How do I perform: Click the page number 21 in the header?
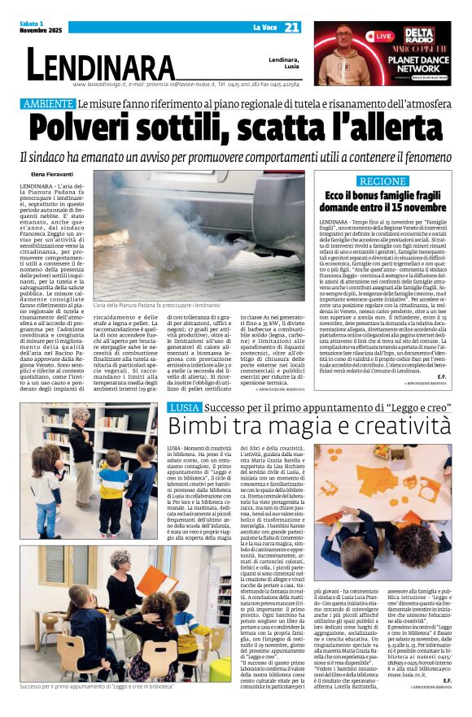point(291,28)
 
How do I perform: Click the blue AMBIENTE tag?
point(48,105)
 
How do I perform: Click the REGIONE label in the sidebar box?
point(382,181)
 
